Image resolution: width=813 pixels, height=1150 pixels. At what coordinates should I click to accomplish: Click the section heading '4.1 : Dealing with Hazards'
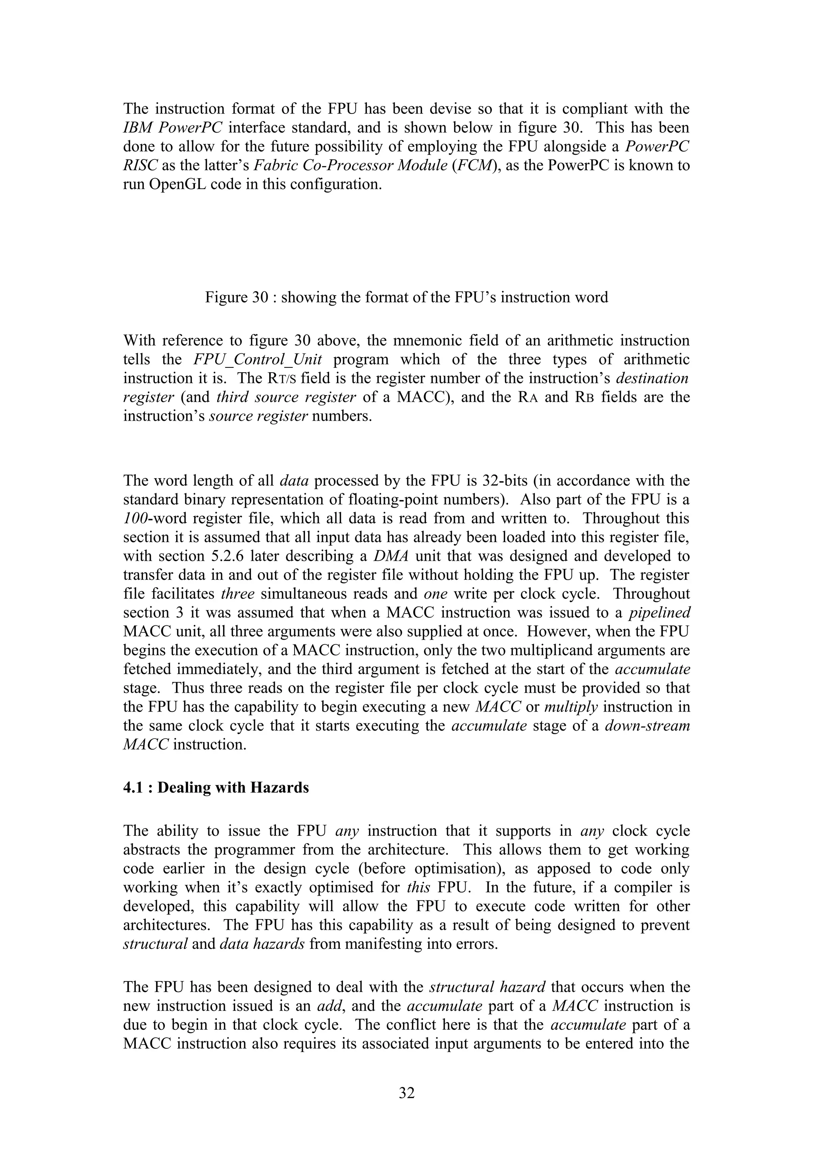[x=216, y=788]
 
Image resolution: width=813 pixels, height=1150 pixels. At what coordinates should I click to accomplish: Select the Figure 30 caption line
[x=406, y=298]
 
